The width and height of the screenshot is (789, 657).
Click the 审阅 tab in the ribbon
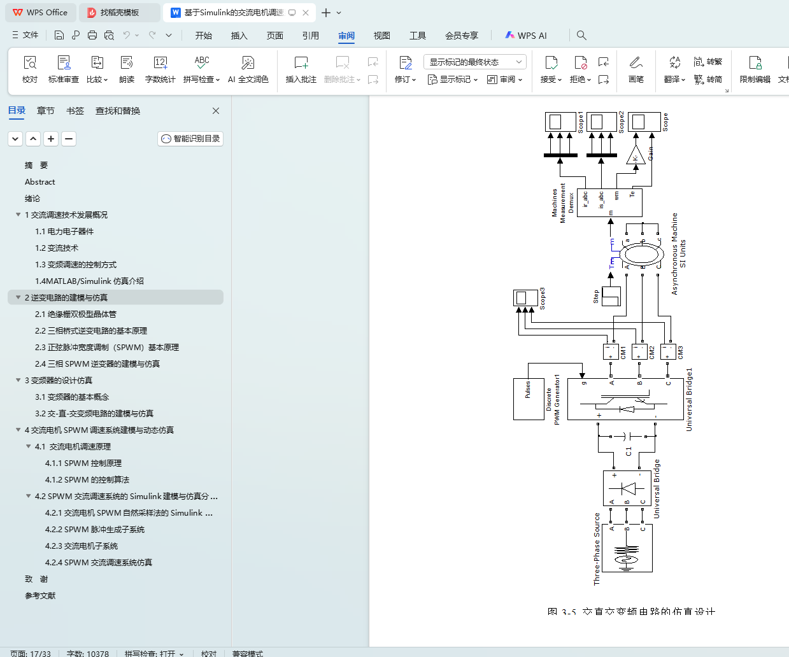[x=346, y=36]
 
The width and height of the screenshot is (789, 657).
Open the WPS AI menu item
[x=526, y=36]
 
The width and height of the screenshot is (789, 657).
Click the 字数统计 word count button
[x=160, y=69]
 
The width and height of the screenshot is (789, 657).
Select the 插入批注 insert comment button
[x=301, y=69]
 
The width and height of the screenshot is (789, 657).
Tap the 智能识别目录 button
[x=190, y=139]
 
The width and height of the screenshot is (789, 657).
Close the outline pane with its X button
[x=216, y=111]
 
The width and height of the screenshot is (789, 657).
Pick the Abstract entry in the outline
[x=40, y=182]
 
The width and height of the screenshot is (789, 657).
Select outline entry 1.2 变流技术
[x=57, y=248]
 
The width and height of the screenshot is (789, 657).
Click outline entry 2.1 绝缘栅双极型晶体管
[x=76, y=314]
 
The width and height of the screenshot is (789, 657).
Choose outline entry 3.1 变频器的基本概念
[x=72, y=397]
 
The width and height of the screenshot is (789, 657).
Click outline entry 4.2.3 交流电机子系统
[x=82, y=546]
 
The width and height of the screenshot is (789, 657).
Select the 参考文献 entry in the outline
[x=40, y=596]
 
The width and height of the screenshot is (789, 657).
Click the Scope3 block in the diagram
[x=525, y=297]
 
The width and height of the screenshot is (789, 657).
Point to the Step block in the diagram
[x=611, y=297]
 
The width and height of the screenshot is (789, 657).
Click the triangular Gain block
[x=635, y=155]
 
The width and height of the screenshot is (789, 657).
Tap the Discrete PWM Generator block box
[x=529, y=399]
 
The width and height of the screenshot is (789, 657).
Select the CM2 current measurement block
[x=639, y=351]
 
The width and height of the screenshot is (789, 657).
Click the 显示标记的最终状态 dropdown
[x=474, y=62]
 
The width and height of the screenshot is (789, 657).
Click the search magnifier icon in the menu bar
[x=581, y=36]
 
